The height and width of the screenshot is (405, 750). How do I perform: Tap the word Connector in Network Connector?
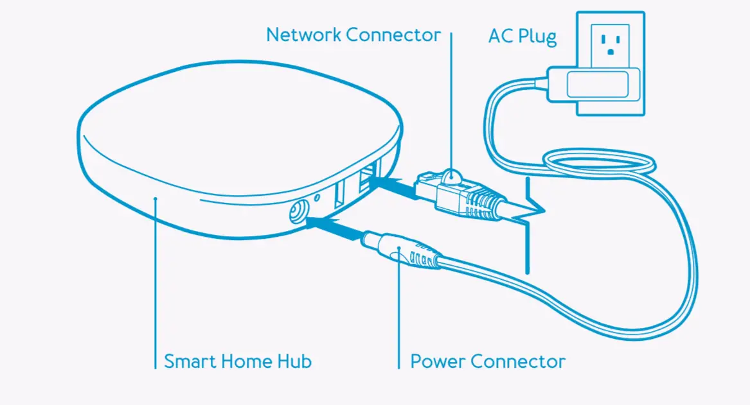click(x=394, y=35)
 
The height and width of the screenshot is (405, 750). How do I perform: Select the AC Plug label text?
click(x=522, y=36)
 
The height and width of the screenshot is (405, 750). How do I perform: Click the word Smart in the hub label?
click(x=190, y=361)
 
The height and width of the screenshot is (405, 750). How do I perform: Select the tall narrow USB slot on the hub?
click(x=340, y=193)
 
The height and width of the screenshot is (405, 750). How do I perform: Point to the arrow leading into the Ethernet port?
click(x=395, y=187)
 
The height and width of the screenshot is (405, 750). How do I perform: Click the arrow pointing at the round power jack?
click(x=334, y=227)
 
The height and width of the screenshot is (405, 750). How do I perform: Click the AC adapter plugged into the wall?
click(x=594, y=83)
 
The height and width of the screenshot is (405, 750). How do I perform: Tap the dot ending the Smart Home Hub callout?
click(x=156, y=200)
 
